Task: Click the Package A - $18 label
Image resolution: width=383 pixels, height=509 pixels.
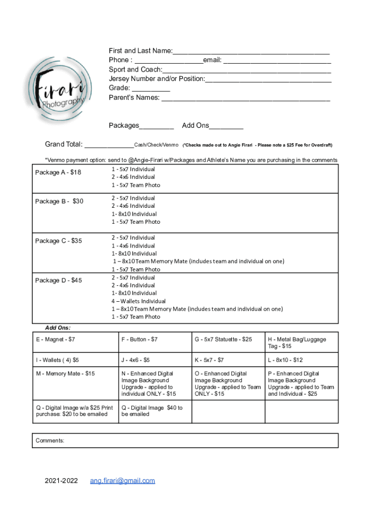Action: pyautogui.click(x=58, y=172)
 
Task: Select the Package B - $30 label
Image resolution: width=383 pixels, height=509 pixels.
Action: pyautogui.click(x=59, y=201)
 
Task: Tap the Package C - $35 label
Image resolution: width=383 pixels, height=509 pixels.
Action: pyautogui.click(x=59, y=241)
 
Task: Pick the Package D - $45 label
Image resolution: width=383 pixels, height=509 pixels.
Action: pyautogui.click(x=59, y=280)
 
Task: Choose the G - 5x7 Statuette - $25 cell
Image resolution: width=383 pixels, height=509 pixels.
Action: pyautogui.click(x=223, y=339)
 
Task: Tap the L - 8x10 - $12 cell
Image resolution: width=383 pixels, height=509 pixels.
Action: pyautogui.click(x=285, y=360)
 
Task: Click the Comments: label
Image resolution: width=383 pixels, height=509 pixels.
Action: pyautogui.click(x=50, y=440)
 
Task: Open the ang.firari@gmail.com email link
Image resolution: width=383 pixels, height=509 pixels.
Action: pyautogui.click(x=122, y=481)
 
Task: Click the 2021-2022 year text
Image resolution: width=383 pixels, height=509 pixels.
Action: pyautogui.click(x=61, y=481)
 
